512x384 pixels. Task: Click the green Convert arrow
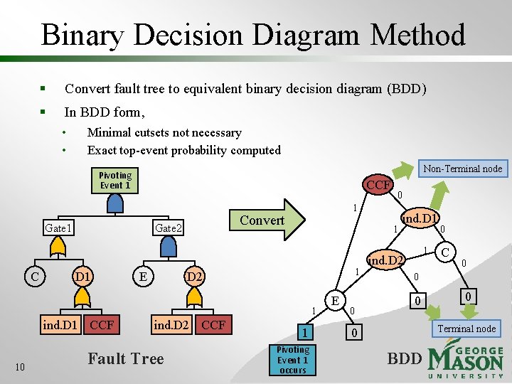pyautogui.click(x=267, y=220)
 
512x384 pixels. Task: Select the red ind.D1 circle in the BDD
pyautogui.click(x=420, y=218)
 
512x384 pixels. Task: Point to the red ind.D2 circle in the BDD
pyautogui.click(x=385, y=261)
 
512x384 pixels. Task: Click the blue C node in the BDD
pyautogui.click(x=445, y=252)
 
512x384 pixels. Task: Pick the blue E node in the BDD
pyautogui.click(x=334, y=302)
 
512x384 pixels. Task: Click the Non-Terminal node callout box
pyautogui.click(x=462, y=169)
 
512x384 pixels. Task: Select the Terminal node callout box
pyautogui.click(x=466, y=328)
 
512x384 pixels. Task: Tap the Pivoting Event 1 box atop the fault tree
pyautogui.click(x=114, y=181)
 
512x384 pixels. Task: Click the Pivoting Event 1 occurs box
pyautogui.click(x=292, y=360)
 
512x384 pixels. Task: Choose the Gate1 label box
pyautogui.click(x=58, y=228)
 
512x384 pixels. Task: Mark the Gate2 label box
pyautogui.click(x=169, y=228)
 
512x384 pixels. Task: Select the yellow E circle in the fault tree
pyautogui.click(x=144, y=275)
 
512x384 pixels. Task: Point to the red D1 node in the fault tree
pyautogui.click(x=82, y=275)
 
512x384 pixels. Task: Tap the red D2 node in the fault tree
pyautogui.click(x=193, y=275)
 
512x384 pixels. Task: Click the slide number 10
pyautogui.click(x=21, y=366)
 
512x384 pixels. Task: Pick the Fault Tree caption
pyautogui.click(x=126, y=359)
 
